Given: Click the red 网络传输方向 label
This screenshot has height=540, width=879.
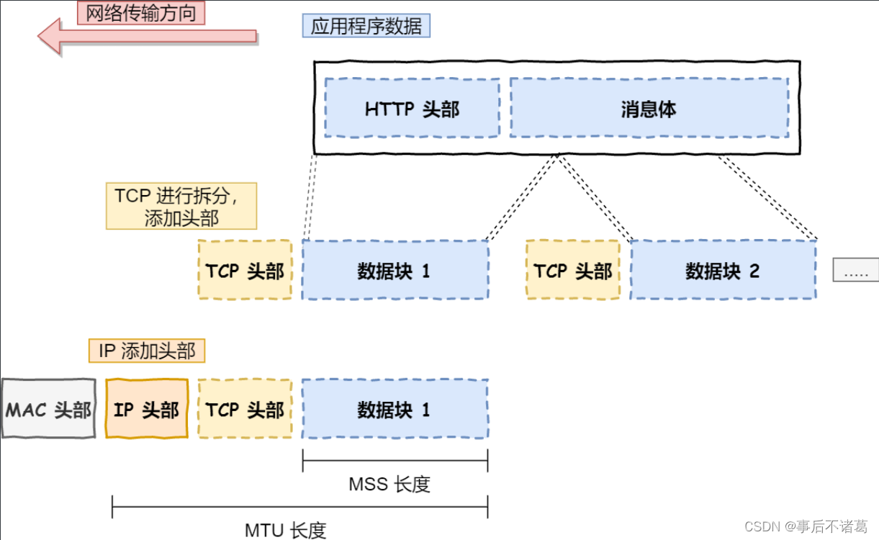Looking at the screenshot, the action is tap(141, 12).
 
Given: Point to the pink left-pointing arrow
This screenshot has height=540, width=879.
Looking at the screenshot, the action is tap(147, 36).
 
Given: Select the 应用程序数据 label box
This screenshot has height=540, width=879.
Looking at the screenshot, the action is tap(366, 26).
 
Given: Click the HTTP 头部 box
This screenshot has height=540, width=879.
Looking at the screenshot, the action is tap(412, 108).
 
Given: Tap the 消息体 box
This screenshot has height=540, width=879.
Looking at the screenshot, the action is tap(649, 108).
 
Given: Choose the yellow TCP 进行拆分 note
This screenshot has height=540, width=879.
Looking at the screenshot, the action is tap(181, 206).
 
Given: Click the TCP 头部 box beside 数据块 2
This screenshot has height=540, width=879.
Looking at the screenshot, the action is tap(573, 270).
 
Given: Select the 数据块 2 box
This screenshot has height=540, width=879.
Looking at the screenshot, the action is tap(724, 270).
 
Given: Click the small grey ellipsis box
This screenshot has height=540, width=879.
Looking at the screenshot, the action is tap(856, 269).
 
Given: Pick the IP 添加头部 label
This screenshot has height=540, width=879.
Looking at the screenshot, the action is tap(147, 351).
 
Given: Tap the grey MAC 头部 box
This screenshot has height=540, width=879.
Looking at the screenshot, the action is tap(49, 408).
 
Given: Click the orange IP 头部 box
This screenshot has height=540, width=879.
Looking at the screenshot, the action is tap(147, 408).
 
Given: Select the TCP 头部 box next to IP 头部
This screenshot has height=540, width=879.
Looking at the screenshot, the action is tap(245, 408).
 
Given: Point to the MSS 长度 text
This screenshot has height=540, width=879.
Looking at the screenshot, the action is tap(389, 484).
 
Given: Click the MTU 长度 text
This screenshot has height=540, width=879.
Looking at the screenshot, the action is tap(285, 530).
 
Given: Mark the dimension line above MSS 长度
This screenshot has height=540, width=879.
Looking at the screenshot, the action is tap(395, 461).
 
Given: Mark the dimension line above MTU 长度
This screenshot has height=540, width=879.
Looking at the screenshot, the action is tap(299, 507).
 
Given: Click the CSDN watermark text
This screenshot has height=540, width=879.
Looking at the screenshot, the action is tap(806, 526).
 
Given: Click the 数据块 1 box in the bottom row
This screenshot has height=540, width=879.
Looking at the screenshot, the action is tap(395, 408).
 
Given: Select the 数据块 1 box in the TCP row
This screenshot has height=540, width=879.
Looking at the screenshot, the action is tap(395, 270).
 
